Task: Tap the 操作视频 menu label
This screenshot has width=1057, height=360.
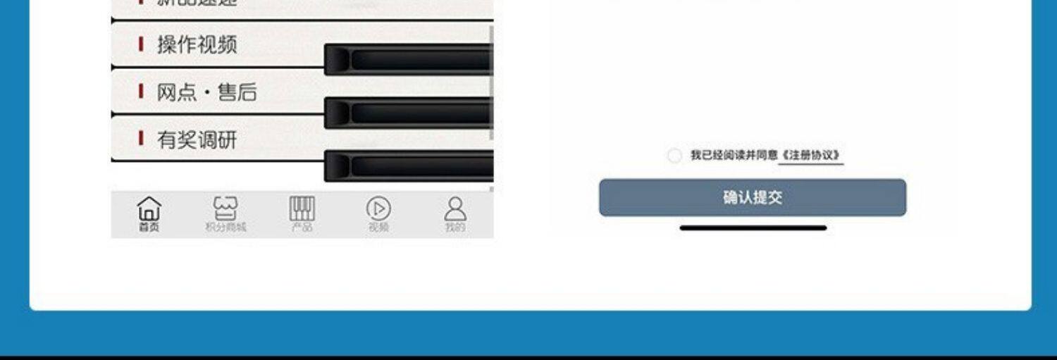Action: pyautogui.click(x=197, y=45)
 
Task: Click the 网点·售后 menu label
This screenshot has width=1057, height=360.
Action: pyautogui.click(x=206, y=92)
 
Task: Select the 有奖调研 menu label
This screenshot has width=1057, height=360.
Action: pyautogui.click(x=197, y=140)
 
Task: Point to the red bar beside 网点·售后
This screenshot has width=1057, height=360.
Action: pyautogui.click(x=141, y=92)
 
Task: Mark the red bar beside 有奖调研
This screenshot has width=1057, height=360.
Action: pyautogui.click(x=141, y=139)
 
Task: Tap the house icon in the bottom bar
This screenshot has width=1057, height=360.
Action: pyautogui.click(x=149, y=208)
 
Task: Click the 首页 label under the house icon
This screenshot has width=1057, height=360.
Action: pyautogui.click(x=149, y=227)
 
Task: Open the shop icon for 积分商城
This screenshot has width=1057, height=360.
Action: pyautogui.click(x=225, y=208)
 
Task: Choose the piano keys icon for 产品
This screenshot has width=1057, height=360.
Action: pyautogui.click(x=302, y=208)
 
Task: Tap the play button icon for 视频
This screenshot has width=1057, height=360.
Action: pyautogui.click(x=378, y=208)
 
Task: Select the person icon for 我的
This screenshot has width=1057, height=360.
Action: pyautogui.click(x=455, y=208)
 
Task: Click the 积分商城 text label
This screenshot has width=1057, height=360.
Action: pyautogui.click(x=225, y=227)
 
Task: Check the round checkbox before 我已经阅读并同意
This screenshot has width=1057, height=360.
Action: pyautogui.click(x=674, y=156)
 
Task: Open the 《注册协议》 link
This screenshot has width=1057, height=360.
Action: pyautogui.click(x=811, y=156)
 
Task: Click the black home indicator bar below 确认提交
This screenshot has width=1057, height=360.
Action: pyautogui.click(x=753, y=228)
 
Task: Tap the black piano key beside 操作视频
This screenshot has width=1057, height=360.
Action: pyautogui.click(x=409, y=59)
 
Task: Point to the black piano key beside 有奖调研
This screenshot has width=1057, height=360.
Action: pyautogui.click(x=409, y=166)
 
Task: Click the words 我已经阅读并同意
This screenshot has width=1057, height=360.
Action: pyautogui.click(x=734, y=156)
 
